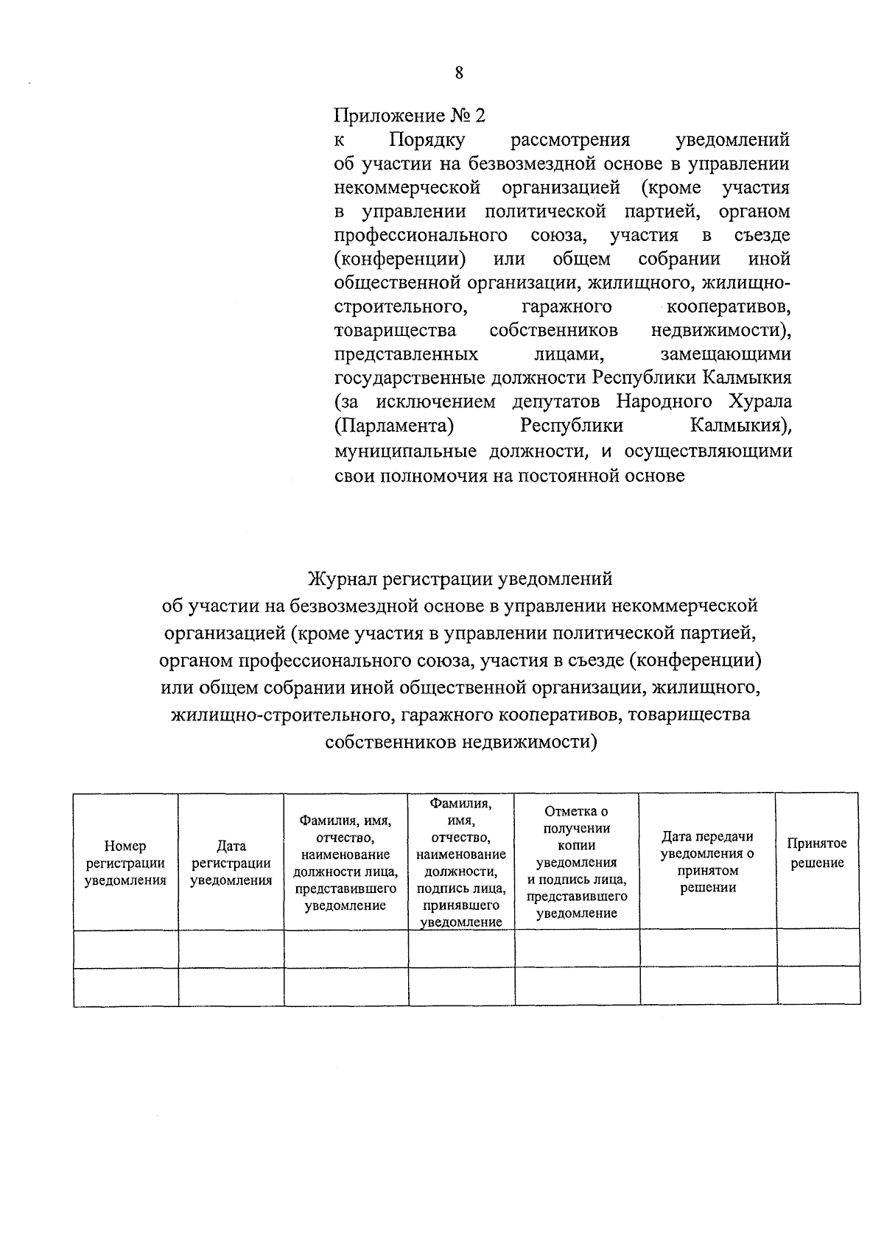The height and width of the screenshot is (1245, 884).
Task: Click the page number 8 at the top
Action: point(459,72)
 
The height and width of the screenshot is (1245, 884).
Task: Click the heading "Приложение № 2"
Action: point(410,116)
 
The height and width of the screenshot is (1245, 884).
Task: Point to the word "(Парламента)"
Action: point(393,426)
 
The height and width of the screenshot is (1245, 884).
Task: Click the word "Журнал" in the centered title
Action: point(341,579)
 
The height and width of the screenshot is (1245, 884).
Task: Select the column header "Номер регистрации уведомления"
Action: point(125,863)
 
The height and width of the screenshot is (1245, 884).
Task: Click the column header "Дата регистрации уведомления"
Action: point(231,863)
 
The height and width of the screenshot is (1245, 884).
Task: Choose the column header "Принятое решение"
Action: point(818,853)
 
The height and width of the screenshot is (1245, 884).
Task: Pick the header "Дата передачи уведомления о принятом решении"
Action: point(707,861)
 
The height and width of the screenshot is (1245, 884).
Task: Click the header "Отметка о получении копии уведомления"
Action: point(577,861)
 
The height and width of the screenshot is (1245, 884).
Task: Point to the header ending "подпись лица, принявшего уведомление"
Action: point(461,861)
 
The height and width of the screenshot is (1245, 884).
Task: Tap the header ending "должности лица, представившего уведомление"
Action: point(345,863)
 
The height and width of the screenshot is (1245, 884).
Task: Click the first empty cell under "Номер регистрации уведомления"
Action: point(125,948)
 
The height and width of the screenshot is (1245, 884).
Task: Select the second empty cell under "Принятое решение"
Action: point(818,986)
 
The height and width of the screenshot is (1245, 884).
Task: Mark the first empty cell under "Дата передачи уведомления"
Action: point(707,948)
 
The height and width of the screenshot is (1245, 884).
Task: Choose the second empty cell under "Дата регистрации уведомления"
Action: point(231,986)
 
